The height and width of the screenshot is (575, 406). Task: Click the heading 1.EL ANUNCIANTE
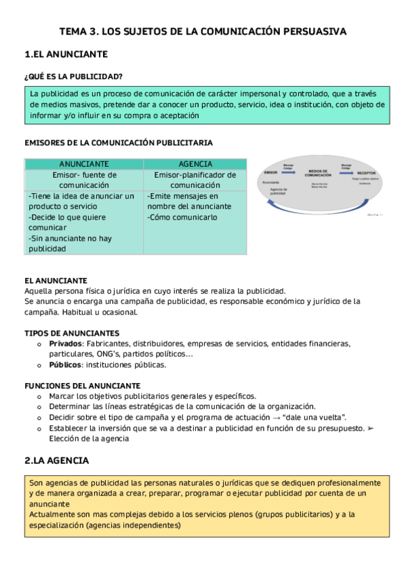point(65,54)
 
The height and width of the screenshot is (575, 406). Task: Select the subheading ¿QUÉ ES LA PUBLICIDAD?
point(73,76)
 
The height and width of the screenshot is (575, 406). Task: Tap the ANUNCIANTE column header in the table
point(84,164)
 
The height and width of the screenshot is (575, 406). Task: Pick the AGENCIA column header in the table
point(195,164)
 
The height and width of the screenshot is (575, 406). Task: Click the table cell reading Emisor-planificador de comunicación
point(195,180)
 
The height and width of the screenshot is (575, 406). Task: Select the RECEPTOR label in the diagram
point(358,174)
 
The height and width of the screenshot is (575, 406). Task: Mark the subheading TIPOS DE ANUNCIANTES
point(72,333)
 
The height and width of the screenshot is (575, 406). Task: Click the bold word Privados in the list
point(64,344)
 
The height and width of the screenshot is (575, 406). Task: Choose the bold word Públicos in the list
point(64,365)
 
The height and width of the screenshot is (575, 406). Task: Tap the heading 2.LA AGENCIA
point(56,460)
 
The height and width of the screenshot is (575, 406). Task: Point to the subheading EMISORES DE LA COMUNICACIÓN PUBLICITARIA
point(119,143)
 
